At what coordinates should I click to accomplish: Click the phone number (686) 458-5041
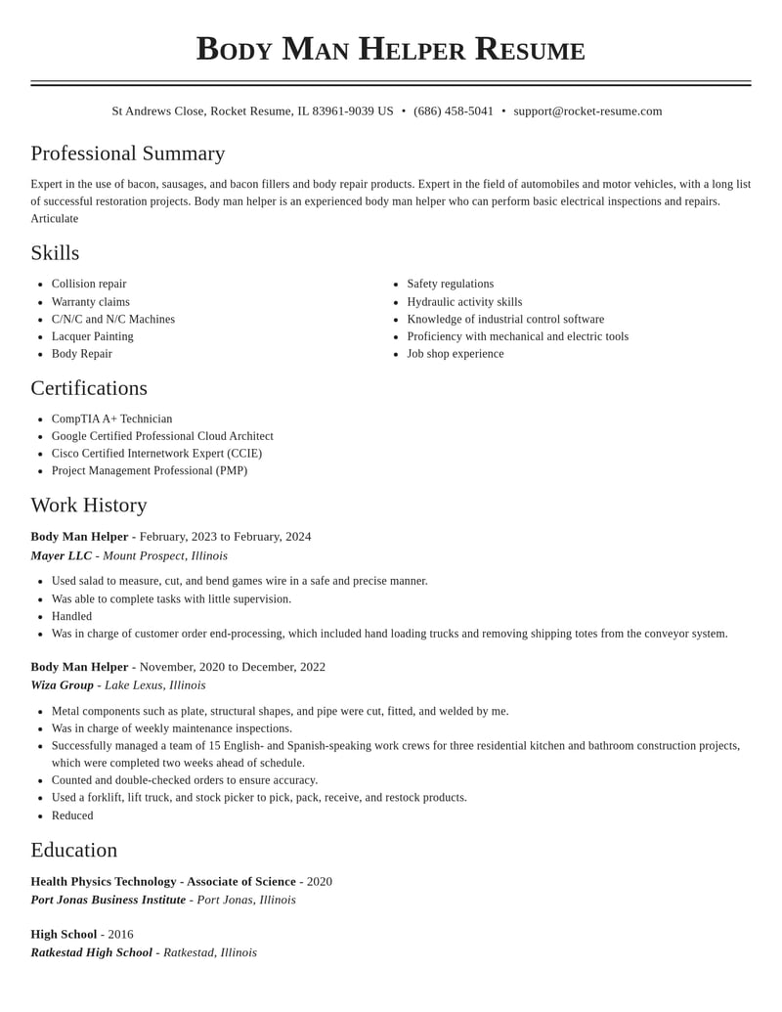point(454,111)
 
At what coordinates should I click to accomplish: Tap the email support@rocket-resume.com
point(587,111)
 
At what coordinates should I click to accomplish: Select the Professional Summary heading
point(128,154)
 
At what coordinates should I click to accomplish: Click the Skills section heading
point(55,253)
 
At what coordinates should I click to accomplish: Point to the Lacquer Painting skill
point(93,336)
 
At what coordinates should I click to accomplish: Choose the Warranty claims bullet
point(91,302)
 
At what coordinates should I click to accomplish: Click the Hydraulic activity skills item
point(464,302)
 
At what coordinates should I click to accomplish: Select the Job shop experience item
point(456,354)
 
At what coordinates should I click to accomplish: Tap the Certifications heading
point(89,388)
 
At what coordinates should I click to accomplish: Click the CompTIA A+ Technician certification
point(111,418)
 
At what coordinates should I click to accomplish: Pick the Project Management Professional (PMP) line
point(150,470)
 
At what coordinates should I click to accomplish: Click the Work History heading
point(89,506)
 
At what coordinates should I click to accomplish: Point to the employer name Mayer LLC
point(62,556)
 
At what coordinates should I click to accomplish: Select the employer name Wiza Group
point(63,685)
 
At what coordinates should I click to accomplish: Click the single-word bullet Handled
point(71,616)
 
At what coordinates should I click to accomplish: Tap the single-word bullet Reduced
point(72,815)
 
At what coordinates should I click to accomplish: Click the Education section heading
point(74,851)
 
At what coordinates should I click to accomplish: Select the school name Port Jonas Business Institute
point(109,900)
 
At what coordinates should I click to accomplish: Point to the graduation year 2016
point(120,934)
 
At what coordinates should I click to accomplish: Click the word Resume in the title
point(530,49)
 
